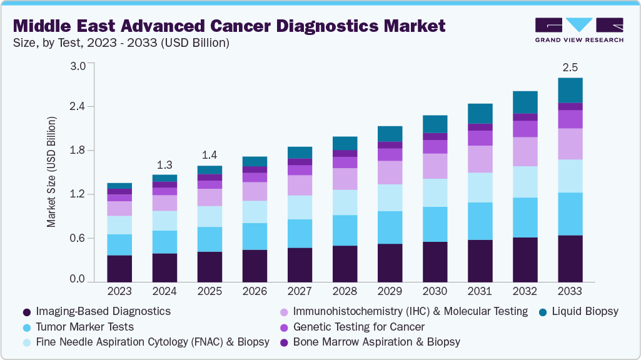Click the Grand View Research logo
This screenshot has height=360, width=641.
pos(579,29)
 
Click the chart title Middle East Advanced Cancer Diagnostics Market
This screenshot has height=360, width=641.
pos(229,26)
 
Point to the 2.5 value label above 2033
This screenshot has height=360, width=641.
pos(570,67)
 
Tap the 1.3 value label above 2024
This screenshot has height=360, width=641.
pos(164,165)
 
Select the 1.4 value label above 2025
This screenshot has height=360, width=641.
pos(209,156)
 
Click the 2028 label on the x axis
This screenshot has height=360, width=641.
pos(345,291)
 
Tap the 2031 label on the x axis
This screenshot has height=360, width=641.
pos(480,291)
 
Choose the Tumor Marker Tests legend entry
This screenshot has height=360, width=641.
pos(84,326)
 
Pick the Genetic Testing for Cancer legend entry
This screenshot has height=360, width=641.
pos(358,326)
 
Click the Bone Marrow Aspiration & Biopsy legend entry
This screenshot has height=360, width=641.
pos(376,342)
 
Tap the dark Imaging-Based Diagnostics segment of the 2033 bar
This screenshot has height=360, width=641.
pos(570,259)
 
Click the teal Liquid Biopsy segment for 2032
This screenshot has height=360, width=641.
pos(525,102)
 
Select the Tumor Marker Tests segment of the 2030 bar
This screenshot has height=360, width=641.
pos(435,224)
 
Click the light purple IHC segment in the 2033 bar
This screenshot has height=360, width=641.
pos(570,144)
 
